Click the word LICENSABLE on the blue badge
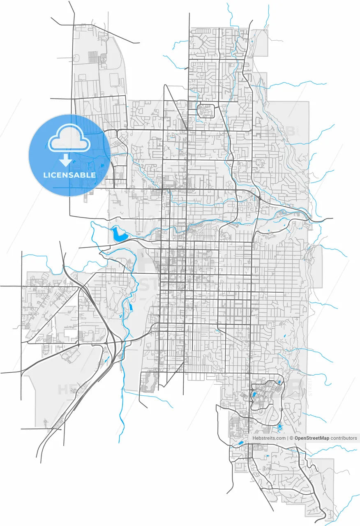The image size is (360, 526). [69, 175]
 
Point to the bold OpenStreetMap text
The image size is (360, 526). [312, 438]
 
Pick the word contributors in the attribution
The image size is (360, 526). [344, 438]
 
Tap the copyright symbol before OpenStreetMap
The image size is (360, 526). [291, 438]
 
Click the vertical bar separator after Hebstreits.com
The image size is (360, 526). [288, 438]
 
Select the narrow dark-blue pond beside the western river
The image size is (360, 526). [131, 307]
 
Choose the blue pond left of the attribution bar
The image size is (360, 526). [239, 443]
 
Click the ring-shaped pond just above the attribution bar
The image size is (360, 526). [280, 427]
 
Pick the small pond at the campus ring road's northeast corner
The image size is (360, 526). [279, 383]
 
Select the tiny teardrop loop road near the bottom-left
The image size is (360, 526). [44, 422]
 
